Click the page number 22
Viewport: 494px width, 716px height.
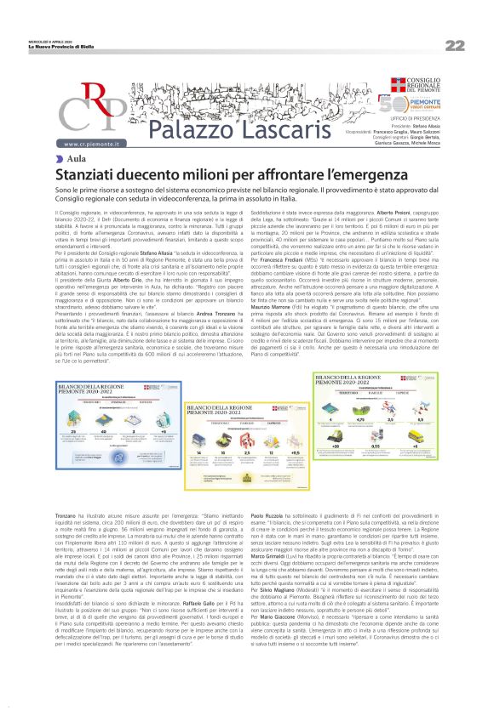click(454, 45)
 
